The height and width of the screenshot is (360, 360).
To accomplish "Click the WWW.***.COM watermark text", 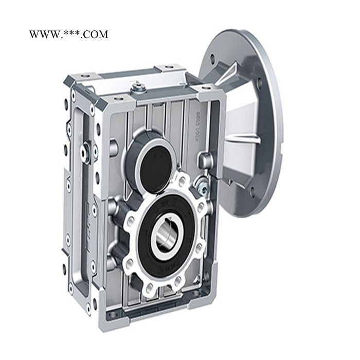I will [68, 34].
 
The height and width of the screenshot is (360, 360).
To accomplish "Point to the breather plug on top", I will [138, 88].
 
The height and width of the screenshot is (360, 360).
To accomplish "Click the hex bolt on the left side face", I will [89, 153].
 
